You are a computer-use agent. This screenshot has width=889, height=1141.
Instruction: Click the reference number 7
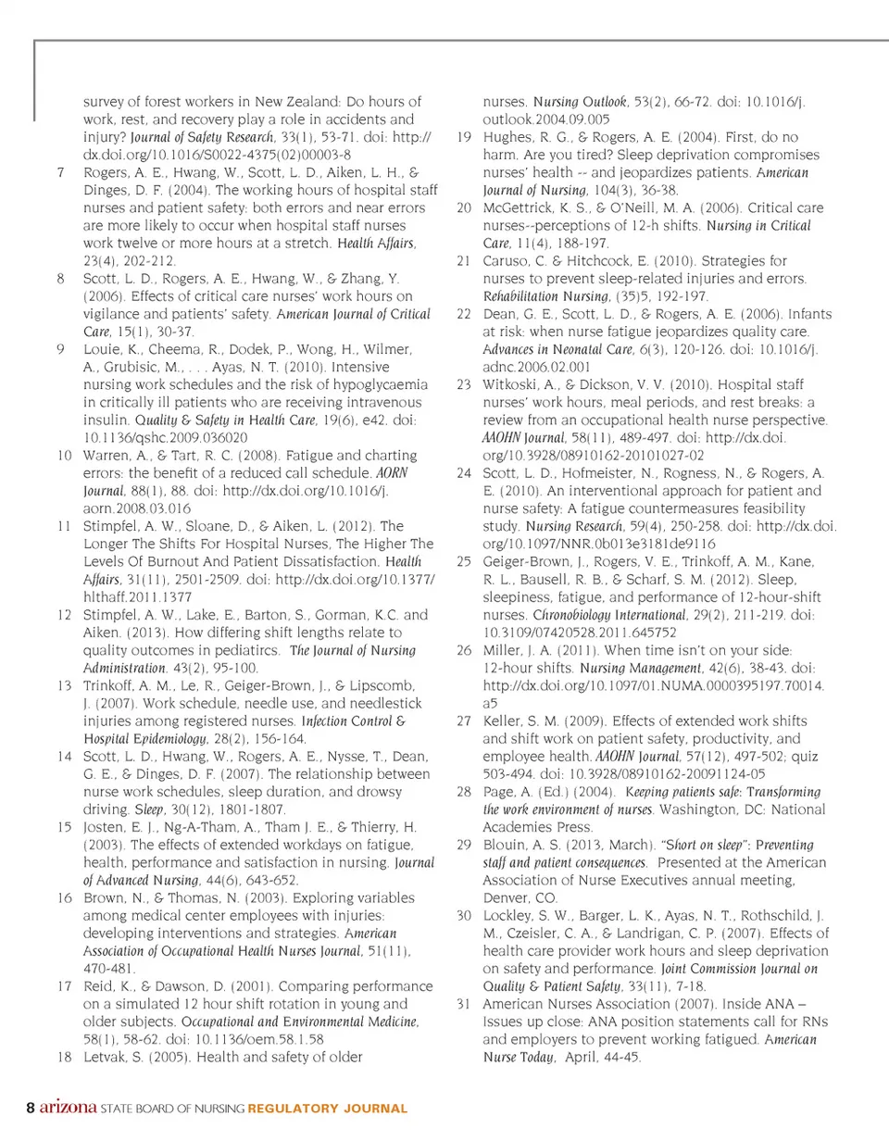60,172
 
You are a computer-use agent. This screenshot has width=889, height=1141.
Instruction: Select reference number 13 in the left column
64,685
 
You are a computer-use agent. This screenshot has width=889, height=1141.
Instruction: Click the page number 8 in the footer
31,1108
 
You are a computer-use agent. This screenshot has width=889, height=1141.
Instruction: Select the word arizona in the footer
67,1108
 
